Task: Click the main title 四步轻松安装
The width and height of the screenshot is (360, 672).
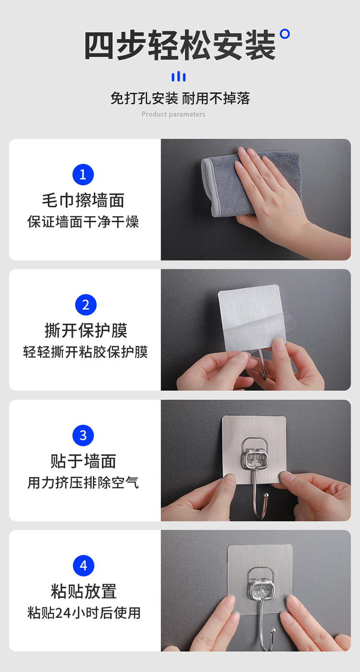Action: pos(180,46)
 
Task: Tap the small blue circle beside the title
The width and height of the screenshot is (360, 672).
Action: pos(285,34)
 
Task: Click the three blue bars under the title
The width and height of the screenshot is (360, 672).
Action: pos(179,77)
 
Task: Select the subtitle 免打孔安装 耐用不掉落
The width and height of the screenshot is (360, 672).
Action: pos(180,98)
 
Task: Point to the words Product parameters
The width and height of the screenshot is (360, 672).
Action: pos(173,114)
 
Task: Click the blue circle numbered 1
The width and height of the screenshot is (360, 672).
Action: pos(83,175)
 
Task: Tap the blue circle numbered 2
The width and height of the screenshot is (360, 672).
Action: pos(86,305)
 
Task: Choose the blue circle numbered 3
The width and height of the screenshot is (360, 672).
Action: pos(83,436)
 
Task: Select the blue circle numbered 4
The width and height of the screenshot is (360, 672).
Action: pos(83,566)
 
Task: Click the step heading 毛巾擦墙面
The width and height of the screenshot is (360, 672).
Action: pos(83,200)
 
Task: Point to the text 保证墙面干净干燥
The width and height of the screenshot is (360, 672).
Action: pos(83,222)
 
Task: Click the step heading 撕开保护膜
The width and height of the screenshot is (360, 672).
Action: pos(86,331)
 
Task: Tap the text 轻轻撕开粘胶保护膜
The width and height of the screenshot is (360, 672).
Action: pos(86,352)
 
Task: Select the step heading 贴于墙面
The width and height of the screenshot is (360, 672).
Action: pos(83,461)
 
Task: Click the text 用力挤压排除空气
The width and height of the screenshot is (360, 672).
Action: pos(83,483)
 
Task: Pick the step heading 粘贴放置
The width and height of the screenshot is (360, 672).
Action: pos(84,591)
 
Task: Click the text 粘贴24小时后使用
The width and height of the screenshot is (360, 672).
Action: pos(84,613)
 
